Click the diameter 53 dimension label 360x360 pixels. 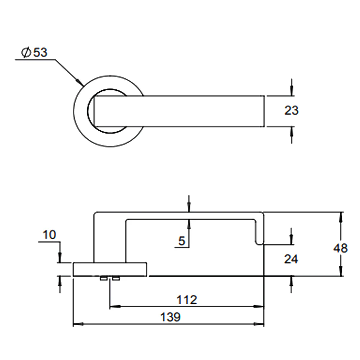(x=34, y=52)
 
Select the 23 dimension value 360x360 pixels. (x=291, y=111)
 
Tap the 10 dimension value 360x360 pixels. (x=49, y=235)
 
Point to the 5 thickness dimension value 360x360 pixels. (x=181, y=241)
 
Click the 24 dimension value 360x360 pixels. (x=291, y=259)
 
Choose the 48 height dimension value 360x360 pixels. (x=341, y=248)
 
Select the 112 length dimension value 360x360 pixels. (x=186, y=300)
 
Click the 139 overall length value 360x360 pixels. (x=170, y=317)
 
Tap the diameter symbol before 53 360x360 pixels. (x=26, y=52)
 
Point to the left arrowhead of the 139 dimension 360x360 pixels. (x=78, y=324)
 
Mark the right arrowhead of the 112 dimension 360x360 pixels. (x=259, y=306)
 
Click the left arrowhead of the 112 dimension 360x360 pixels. (x=115, y=306)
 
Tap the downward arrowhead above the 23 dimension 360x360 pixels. (x=292, y=91)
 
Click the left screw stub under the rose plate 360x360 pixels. (x=103, y=279)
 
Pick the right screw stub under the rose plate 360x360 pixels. (x=116, y=279)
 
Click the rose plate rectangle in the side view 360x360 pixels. (x=110, y=269)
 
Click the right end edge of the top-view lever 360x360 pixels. (x=264, y=111)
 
